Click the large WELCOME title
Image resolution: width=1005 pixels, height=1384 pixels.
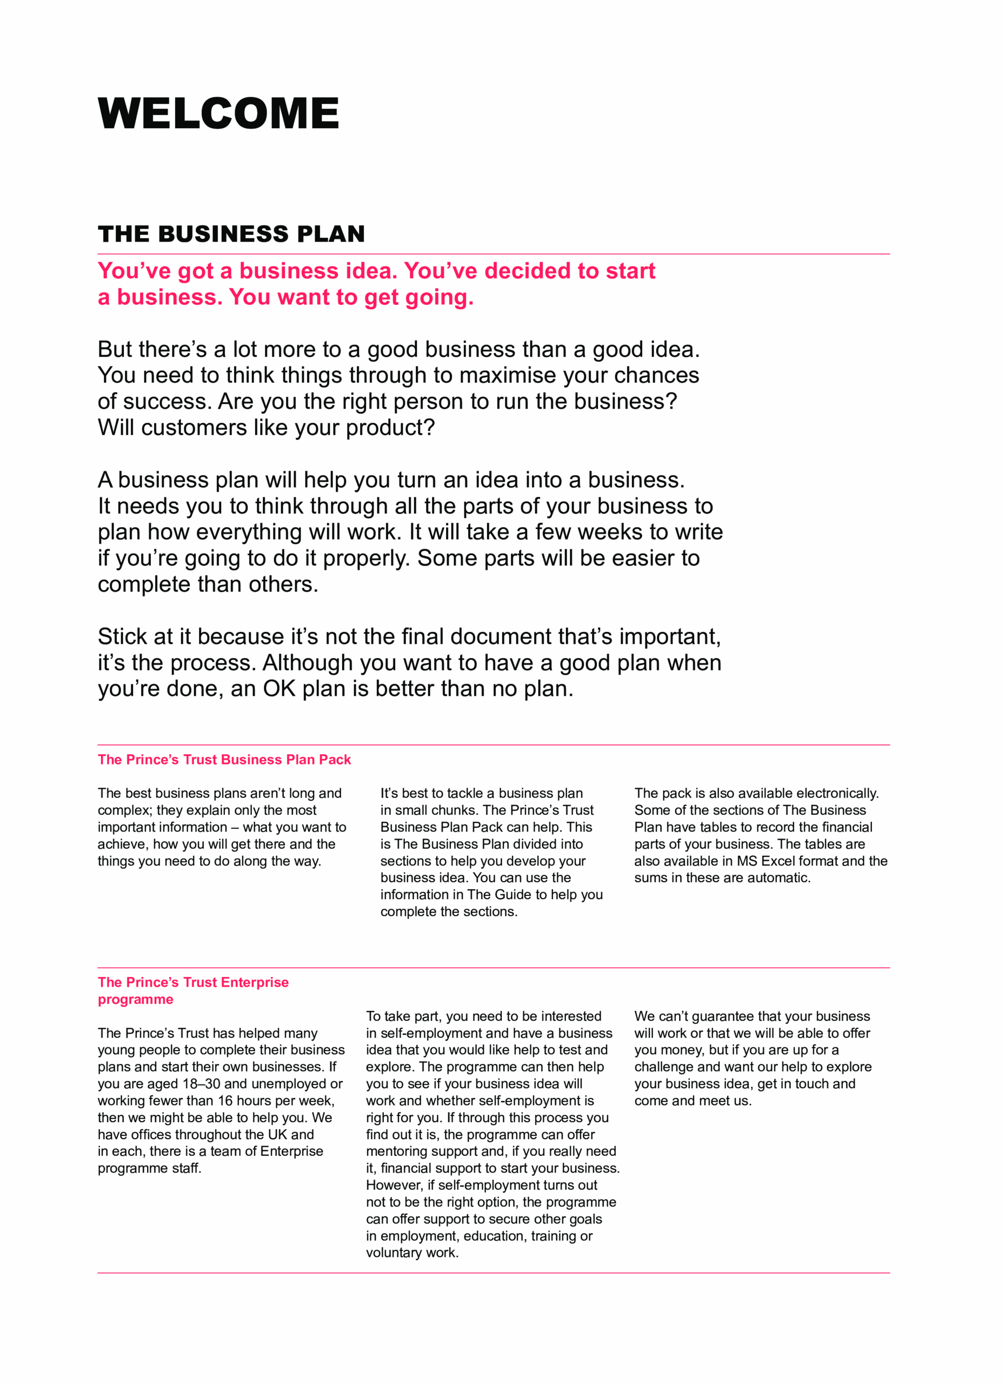click(x=218, y=114)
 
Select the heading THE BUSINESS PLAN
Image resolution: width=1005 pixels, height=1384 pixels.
click(x=231, y=234)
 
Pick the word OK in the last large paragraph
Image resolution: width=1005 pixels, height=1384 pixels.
click(x=279, y=689)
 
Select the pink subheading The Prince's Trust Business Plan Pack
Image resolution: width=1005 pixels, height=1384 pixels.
click(x=224, y=760)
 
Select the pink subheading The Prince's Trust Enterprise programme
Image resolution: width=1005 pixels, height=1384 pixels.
click(x=193, y=990)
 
